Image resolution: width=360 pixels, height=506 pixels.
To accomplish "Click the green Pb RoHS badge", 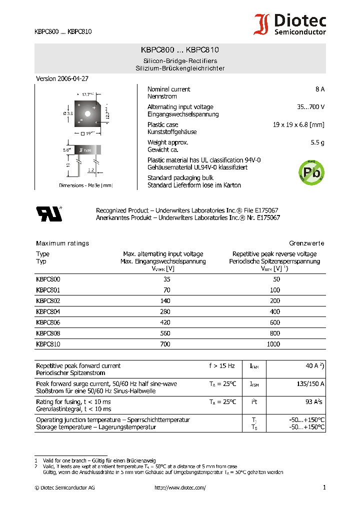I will (311, 171).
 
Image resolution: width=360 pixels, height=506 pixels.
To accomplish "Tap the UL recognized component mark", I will (48, 213).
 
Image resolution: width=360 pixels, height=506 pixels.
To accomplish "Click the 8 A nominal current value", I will (319, 89).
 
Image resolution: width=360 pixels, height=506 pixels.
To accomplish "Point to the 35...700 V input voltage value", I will (310, 107).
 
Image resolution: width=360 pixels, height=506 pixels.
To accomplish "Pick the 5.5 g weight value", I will (317, 142).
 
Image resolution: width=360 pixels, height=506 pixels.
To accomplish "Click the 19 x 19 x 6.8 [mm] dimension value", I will (298, 124).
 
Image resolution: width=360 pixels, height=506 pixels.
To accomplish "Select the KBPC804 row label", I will (48, 311).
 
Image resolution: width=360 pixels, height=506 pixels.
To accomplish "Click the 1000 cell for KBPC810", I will (273, 344).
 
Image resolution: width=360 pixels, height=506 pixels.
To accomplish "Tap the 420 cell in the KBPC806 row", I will (165, 322).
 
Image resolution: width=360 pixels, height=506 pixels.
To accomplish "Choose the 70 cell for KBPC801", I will (166, 290).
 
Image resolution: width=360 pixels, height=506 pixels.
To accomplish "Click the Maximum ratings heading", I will (62, 243).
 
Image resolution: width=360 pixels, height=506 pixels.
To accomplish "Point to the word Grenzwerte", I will (306, 243).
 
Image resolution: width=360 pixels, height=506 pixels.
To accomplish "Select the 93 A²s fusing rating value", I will (313, 402).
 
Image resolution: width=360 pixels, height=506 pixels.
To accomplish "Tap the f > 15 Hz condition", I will (221, 366).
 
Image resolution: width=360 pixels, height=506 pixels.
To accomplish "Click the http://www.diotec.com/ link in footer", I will (180, 487).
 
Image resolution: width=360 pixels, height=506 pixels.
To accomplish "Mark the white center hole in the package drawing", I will (87, 113).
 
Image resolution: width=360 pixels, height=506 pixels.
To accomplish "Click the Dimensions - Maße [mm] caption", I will (85, 185).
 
